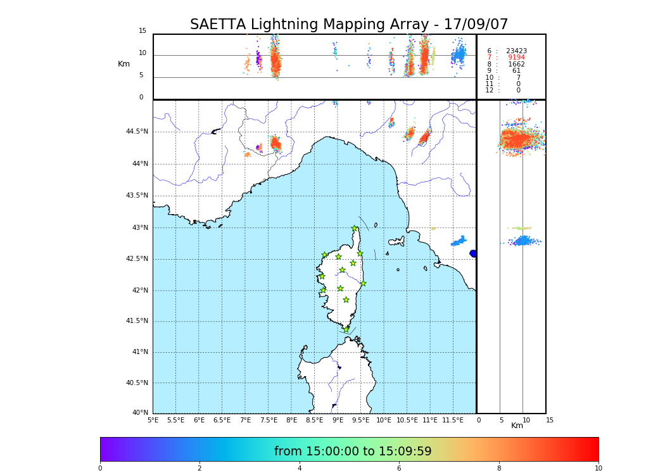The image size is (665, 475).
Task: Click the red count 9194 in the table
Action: click(x=516, y=58)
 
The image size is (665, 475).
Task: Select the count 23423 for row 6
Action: click(x=516, y=51)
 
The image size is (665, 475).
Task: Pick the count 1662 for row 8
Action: click(x=516, y=64)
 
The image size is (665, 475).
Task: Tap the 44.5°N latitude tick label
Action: click(x=137, y=132)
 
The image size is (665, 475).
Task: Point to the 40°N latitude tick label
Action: click(x=140, y=413)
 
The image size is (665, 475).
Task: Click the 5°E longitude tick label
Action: click(x=153, y=420)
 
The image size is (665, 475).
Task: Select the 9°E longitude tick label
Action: click(x=338, y=420)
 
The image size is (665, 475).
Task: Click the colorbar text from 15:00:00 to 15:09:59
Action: click(x=353, y=452)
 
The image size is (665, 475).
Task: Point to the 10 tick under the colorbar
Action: click(x=598, y=469)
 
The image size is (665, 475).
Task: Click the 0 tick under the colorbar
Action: click(x=100, y=469)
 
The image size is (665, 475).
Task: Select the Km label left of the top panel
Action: click(x=123, y=64)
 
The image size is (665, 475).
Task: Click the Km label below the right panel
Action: click(x=517, y=426)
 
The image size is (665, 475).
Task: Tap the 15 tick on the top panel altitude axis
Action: click(x=142, y=31)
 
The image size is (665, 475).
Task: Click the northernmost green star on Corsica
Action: click(x=354, y=229)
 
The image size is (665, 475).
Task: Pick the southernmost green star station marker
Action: click(x=346, y=329)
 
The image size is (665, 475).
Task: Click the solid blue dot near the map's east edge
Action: click(x=473, y=253)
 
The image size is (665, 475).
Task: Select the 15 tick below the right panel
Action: click(x=549, y=420)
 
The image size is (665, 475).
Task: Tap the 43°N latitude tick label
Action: click(x=140, y=228)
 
